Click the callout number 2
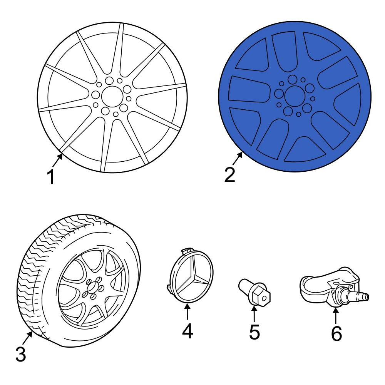(230, 175)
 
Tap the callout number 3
(21, 354)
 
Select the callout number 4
(187, 331)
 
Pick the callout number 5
(254, 332)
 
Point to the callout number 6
(336, 333)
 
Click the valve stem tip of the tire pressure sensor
(366, 296)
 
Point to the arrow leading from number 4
(187, 311)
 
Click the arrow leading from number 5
(254, 313)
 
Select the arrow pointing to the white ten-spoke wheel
(57, 160)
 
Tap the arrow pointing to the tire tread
(27, 338)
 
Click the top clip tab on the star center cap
(187, 251)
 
